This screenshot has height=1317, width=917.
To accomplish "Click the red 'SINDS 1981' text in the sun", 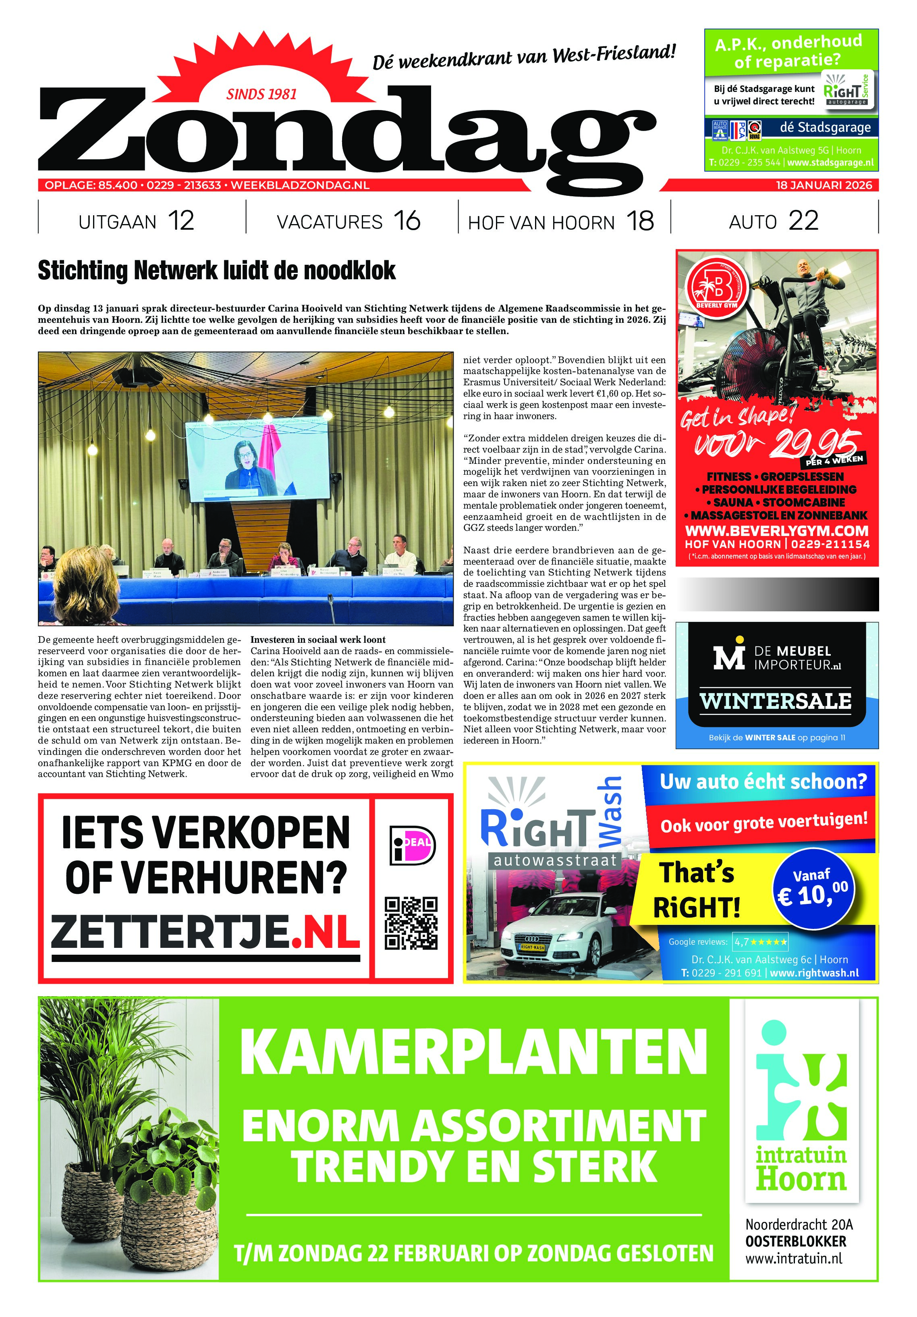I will (261, 94).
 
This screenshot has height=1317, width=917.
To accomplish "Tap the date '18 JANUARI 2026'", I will (823, 185).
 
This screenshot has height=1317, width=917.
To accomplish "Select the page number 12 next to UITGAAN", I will (181, 221).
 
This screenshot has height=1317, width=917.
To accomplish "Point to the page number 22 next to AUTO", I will (803, 221).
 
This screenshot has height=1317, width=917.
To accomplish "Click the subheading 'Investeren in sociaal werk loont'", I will (318, 640).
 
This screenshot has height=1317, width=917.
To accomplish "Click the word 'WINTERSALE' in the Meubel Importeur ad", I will (775, 701).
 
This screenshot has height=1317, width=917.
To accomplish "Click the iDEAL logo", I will (412, 845).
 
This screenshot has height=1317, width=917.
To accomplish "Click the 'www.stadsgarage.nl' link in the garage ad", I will (830, 163).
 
